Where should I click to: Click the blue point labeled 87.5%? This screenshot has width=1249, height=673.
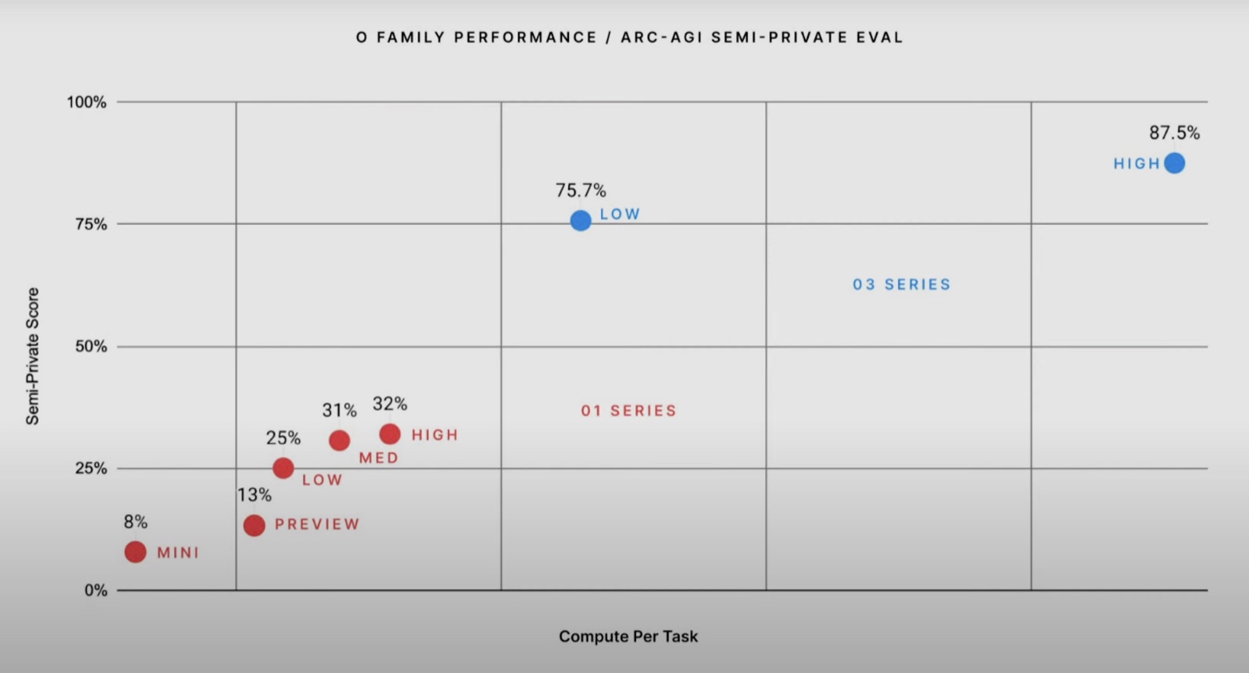(1174, 163)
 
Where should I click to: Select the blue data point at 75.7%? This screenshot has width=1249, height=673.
(581, 220)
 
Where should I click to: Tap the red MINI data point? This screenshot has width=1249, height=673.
(136, 552)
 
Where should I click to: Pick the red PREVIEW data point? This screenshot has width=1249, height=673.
(254, 525)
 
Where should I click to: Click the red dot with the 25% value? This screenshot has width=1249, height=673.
(283, 468)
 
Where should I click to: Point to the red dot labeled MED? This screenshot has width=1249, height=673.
(339, 440)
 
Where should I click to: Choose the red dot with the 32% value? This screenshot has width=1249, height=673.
(390, 434)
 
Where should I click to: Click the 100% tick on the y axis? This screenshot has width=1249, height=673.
(87, 102)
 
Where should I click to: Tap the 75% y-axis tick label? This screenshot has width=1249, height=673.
(91, 224)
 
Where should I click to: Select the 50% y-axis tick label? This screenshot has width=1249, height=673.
(91, 346)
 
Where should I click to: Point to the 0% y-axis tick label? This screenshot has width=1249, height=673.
(95, 590)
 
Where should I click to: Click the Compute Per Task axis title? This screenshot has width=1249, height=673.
(628, 636)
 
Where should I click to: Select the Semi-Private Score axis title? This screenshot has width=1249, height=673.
(32, 356)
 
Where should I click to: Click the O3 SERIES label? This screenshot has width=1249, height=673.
(902, 284)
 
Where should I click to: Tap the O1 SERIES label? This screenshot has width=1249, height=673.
(629, 411)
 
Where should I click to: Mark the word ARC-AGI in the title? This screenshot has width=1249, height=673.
(661, 37)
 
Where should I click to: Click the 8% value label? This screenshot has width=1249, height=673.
(136, 522)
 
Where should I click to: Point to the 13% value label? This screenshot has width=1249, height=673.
(254, 494)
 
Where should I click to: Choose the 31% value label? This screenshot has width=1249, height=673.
(339, 411)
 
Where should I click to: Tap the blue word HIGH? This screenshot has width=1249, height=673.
(1137, 163)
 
